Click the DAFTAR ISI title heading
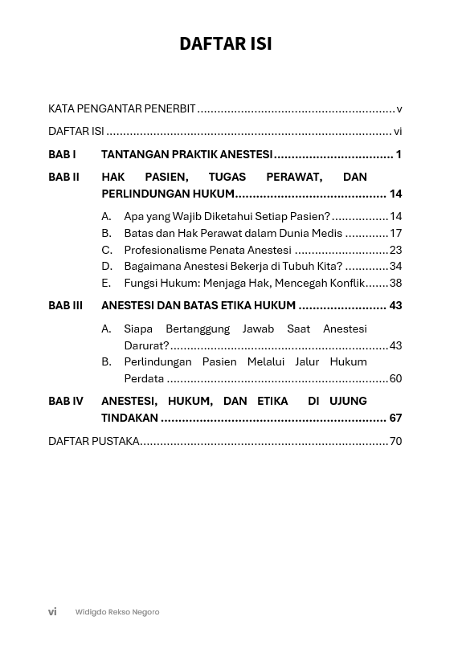(226, 43)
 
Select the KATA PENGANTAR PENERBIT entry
(122, 109)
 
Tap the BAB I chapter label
(62, 154)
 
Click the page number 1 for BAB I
(399, 154)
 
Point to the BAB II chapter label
(63, 177)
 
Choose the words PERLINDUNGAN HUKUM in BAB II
(168, 194)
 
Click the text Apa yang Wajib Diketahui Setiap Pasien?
(227, 216)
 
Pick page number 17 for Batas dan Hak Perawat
(395, 233)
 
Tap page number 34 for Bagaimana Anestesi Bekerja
(395, 266)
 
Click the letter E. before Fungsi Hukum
(106, 283)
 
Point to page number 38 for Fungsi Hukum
(395, 283)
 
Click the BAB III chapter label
(65, 305)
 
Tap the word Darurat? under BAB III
(146, 345)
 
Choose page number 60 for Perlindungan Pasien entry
(395, 378)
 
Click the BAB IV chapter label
(65, 401)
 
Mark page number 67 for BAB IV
(395, 418)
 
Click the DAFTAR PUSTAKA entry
(93, 441)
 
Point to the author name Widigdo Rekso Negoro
(117, 612)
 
